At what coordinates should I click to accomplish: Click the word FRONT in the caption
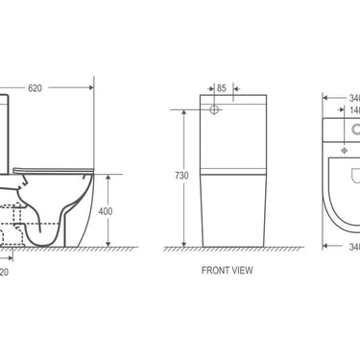(x=216, y=271)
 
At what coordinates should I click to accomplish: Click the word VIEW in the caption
(x=242, y=271)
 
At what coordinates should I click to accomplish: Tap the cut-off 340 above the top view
(x=352, y=97)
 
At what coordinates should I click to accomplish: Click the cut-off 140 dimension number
(x=352, y=110)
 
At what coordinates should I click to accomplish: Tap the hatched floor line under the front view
(x=230, y=251)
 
